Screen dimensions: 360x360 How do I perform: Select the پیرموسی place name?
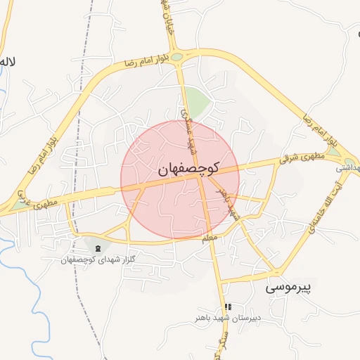click(x=292, y=287)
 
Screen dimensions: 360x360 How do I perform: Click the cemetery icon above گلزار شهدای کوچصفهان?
click(x=97, y=248)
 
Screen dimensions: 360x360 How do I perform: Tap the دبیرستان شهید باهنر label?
click(x=228, y=318)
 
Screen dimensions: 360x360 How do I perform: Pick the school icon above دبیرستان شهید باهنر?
click(x=227, y=307)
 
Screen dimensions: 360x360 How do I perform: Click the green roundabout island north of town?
click(x=177, y=57)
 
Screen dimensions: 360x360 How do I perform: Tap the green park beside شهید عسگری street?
click(x=198, y=103)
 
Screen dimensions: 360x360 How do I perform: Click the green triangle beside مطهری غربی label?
click(x=15, y=205)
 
